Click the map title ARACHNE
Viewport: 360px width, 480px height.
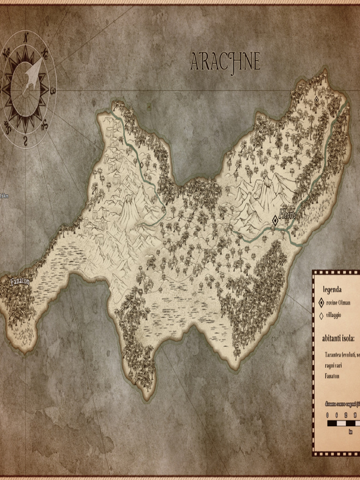tap(225, 61)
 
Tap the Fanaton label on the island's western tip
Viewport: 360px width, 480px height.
tap(20, 282)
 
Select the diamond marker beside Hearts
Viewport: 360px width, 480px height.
tap(275, 220)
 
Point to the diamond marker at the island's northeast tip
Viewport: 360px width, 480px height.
tap(316, 99)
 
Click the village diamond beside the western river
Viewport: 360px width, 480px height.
tap(141, 165)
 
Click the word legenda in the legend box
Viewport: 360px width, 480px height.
tap(332, 290)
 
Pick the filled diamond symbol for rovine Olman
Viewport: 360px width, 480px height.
tap(321, 303)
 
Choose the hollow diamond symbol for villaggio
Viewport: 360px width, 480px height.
tap(321, 316)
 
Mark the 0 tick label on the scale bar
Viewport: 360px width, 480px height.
tap(328, 415)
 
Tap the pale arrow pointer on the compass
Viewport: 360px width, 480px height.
tap(33, 74)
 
